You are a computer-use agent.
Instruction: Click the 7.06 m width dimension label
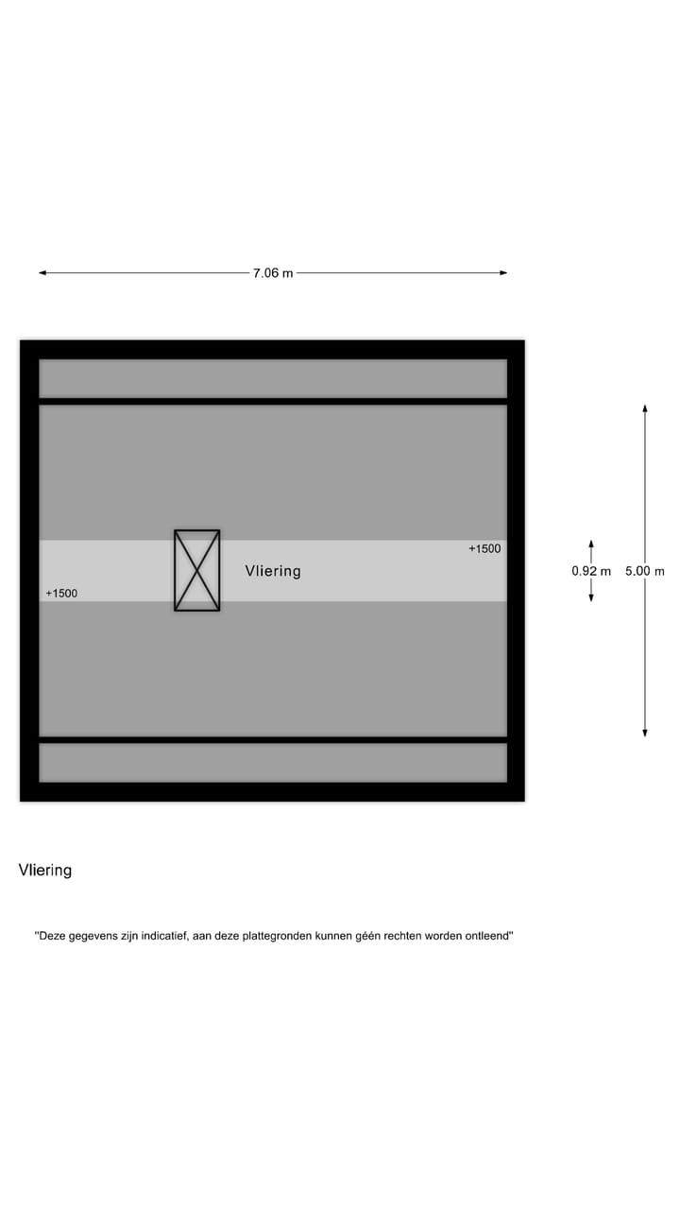point(272,273)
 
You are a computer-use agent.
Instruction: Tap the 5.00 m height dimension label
point(645,571)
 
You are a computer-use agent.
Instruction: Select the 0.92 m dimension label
point(591,571)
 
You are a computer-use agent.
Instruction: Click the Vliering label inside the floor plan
point(273,571)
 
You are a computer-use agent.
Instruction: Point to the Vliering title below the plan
point(45,870)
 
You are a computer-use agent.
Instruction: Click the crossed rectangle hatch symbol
point(196,570)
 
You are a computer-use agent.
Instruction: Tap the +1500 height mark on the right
point(484,548)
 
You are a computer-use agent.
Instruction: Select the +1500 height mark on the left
point(61,594)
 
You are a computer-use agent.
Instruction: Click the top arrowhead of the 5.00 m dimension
point(645,408)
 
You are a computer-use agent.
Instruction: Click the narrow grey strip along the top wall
point(273,378)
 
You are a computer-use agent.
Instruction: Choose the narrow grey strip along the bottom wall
point(273,763)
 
